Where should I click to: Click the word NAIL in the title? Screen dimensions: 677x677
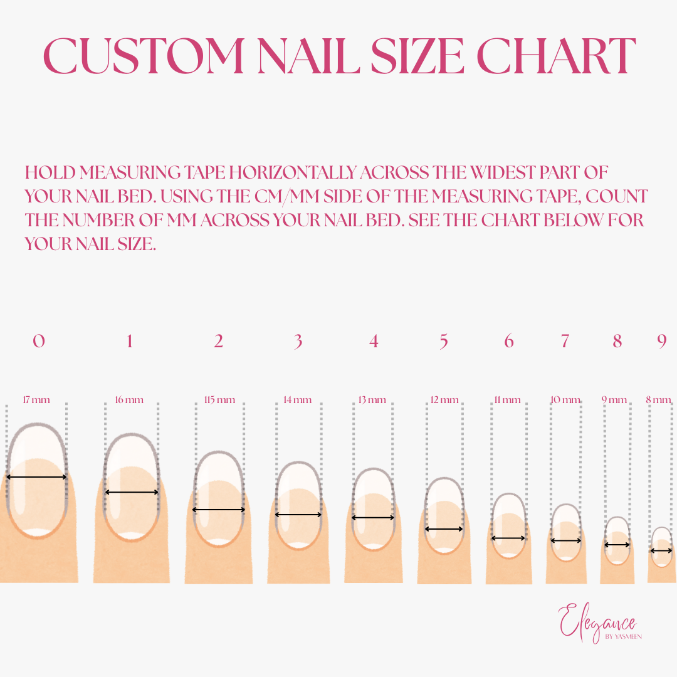click(x=308, y=56)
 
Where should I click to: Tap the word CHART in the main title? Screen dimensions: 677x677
click(x=556, y=56)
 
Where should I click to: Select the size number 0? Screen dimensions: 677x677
click(x=39, y=341)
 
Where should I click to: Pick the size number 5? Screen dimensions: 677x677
click(x=444, y=342)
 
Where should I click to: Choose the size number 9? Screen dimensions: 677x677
click(x=662, y=342)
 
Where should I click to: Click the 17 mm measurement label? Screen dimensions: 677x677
click(x=36, y=400)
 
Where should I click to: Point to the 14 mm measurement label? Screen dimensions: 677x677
click(x=298, y=400)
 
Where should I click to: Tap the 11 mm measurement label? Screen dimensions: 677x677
click(x=507, y=400)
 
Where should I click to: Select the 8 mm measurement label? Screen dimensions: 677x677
click(x=658, y=400)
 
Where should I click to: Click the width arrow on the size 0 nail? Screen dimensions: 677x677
click(x=37, y=477)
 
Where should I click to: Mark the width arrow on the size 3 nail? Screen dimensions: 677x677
click(x=298, y=515)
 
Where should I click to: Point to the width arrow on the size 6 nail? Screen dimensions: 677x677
click(x=508, y=538)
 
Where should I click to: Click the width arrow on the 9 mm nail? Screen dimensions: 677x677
click(x=617, y=545)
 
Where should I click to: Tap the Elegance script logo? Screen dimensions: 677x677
click(x=597, y=622)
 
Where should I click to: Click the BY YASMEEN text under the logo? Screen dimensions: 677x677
click(x=624, y=636)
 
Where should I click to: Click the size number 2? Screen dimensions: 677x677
click(x=219, y=342)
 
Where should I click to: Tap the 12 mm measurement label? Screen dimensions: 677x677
click(x=444, y=400)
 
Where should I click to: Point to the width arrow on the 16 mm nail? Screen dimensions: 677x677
click(x=132, y=492)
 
